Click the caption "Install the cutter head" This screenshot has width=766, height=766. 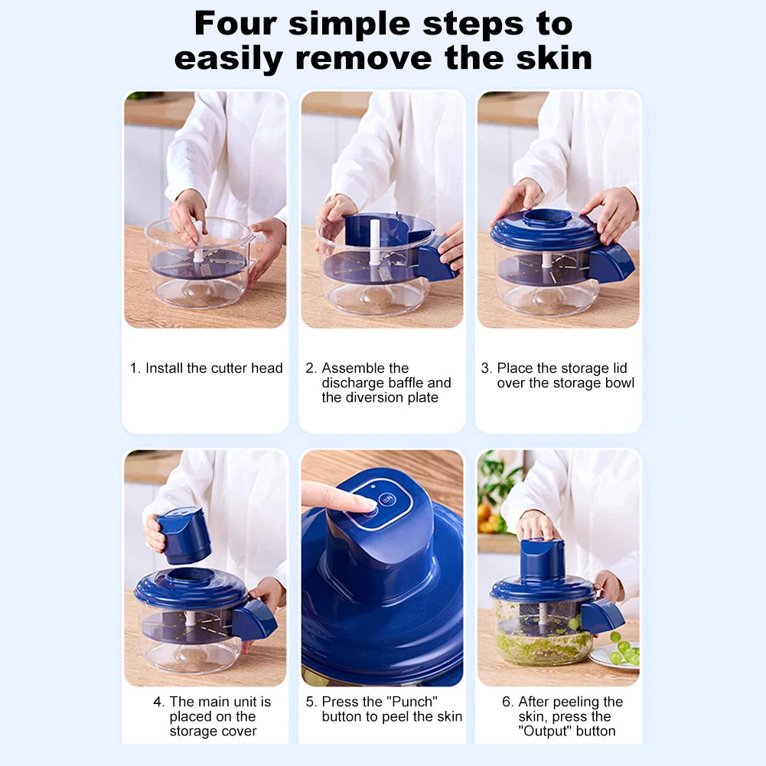click(214, 368)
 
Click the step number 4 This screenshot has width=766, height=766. click(158, 702)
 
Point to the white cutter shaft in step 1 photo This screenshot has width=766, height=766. click(198, 240)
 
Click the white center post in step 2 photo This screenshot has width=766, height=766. click(375, 241)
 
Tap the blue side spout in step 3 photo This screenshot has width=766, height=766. click(611, 262)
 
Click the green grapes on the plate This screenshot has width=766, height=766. click(622, 651)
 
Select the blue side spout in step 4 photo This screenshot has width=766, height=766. click(254, 620)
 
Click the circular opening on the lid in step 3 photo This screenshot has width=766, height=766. click(546, 217)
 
